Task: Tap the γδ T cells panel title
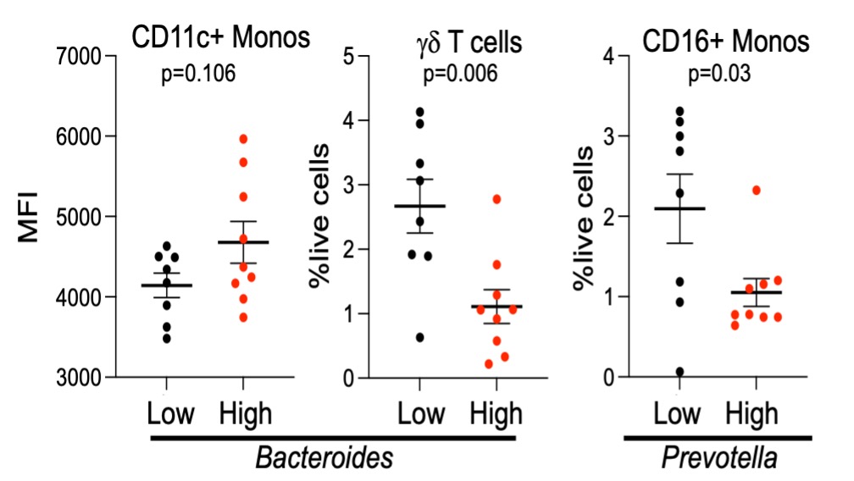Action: pyautogui.click(x=461, y=41)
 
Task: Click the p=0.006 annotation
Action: pyautogui.click(x=460, y=75)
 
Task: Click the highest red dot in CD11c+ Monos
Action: pyautogui.click(x=243, y=139)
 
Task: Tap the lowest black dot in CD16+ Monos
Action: pyautogui.click(x=679, y=372)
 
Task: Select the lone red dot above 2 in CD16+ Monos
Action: pyautogui.click(x=756, y=190)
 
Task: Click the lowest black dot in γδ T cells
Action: pyautogui.click(x=418, y=338)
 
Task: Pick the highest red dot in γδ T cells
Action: pyautogui.click(x=497, y=199)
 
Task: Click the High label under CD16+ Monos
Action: pyautogui.click(x=752, y=414)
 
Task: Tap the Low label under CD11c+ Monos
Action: pyautogui.click(x=171, y=414)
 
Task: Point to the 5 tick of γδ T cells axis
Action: pyautogui.click(x=348, y=57)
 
